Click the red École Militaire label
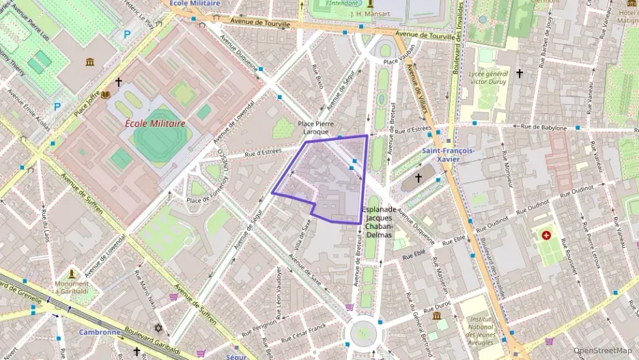tap(155, 124)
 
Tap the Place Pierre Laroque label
tap(314, 128)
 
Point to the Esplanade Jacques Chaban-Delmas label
tap(379, 222)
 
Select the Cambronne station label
tap(100, 333)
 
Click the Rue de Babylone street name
tap(544, 127)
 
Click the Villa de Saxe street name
tap(300, 240)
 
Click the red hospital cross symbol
tap(546, 236)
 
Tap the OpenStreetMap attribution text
tap(602, 350)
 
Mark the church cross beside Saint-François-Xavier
tap(418, 178)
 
